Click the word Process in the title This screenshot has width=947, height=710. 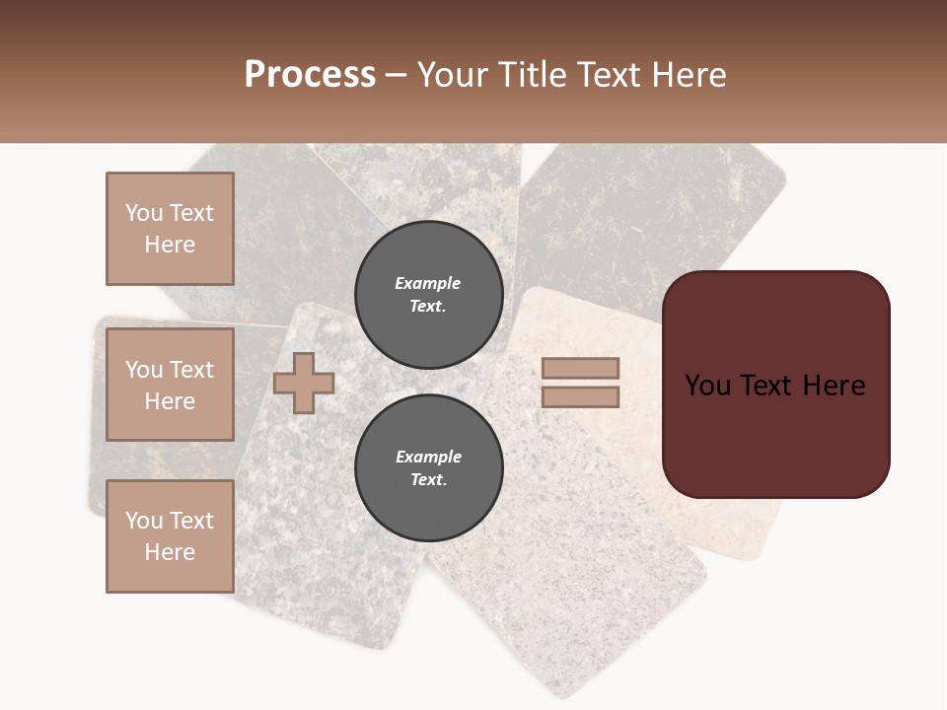click(310, 75)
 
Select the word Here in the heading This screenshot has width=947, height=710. click(686, 75)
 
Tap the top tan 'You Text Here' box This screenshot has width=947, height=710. click(170, 229)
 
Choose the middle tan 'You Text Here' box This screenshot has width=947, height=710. click(170, 385)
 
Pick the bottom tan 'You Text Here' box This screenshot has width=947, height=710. click(170, 536)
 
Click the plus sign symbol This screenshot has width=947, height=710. click(304, 383)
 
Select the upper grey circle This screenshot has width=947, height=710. click(428, 295)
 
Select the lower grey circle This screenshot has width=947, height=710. click(428, 468)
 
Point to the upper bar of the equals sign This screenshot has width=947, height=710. click(580, 368)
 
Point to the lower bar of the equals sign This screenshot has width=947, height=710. click(580, 397)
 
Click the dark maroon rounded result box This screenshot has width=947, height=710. click(775, 434)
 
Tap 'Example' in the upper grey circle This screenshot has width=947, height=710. click(428, 283)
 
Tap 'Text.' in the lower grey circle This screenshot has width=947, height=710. click(428, 480)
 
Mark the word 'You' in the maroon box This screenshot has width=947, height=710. click(708, 386)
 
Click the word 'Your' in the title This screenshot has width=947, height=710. click(455, 75)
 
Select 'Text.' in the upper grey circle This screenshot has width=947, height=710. click(428, 307)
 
